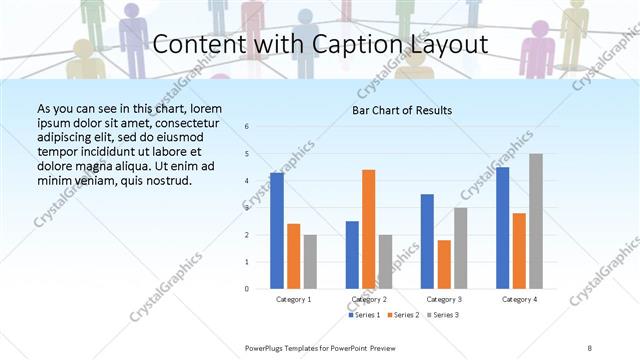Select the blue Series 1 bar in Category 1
(277, 230)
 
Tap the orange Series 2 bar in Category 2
(369, 229)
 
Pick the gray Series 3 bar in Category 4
(536, 221)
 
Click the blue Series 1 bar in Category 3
(427, 241)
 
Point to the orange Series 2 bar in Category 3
(444, 264)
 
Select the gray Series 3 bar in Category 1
(311, 261)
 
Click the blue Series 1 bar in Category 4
(502, 228)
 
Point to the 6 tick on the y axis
(247, 127)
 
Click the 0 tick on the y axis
(247, 289)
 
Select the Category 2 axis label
(369, 299)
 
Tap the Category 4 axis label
(519, 299)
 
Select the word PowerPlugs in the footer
(266, 347)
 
